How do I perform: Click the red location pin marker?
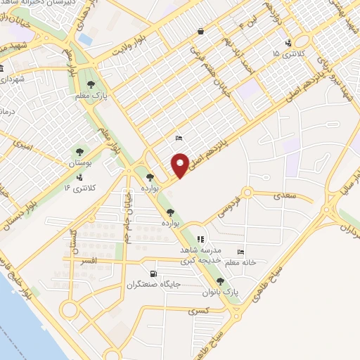(x=180, y=164)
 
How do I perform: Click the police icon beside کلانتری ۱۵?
(x=288, y=44)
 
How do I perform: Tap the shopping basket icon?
(x=201, y=31)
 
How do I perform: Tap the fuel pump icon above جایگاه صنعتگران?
(x=153, y=274)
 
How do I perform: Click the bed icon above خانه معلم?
(x=241, y=252)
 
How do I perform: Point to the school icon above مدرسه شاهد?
(x=200, y=239)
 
